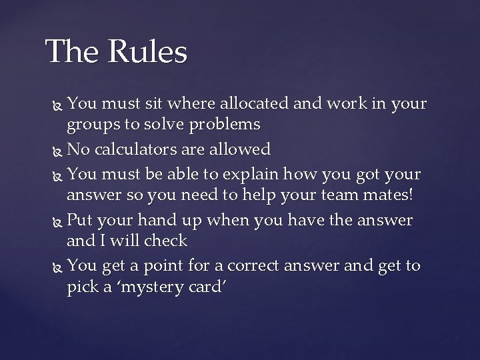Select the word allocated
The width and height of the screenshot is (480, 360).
257,104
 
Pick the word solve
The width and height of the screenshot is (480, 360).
163,124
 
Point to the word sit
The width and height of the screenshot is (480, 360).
156,104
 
